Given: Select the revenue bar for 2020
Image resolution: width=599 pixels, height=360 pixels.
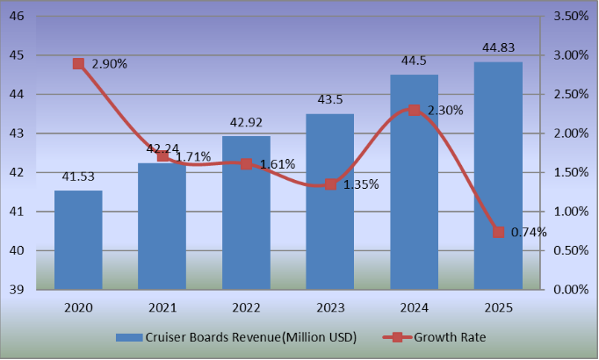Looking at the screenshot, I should pos(78,240).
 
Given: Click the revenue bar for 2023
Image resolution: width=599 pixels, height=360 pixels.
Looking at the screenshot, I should pos(330,202).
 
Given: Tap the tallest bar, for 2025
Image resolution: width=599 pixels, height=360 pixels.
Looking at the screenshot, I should pos(498,176).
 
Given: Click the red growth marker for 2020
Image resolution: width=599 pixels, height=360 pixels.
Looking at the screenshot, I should pos(78,64).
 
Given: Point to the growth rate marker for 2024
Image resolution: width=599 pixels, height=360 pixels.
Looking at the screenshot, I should pos(415,111).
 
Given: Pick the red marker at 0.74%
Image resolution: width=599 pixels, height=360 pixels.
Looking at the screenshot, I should pos(499,233).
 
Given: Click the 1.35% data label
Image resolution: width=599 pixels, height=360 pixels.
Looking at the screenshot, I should pos(359,184).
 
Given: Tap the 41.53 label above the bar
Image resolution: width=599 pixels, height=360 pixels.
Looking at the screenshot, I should pos(78,177).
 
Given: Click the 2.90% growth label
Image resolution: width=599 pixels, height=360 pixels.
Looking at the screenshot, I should pos(109,64).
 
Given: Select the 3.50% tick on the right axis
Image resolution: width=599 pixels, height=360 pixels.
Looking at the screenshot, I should pos(571,17).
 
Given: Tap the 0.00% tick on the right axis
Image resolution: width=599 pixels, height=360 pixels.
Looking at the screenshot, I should pos(571,290).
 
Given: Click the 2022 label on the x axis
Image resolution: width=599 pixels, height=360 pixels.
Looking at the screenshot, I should pos(246,308).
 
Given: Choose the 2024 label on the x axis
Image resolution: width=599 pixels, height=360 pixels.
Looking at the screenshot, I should pos(415,308).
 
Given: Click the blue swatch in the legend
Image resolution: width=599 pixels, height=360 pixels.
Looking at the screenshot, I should pos(132,337).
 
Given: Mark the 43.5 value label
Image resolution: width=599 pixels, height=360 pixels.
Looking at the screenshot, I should pos(330,100).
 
